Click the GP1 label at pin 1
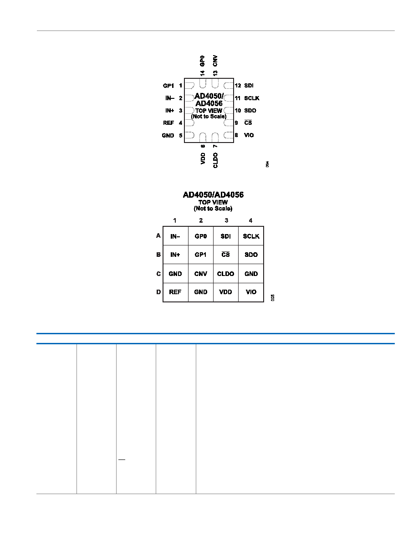click(168, 86)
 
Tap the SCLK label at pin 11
click(252, 98)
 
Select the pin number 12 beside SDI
click(238, 86)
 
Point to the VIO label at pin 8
click(249, 135)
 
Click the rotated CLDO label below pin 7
click(215, 160)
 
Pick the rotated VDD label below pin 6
click(203, 158)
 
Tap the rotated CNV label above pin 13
click(215, 61)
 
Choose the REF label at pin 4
click(168, 123)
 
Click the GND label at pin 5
click(168, 136)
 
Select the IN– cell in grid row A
click(175, 236)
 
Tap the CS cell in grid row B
click(225, 254)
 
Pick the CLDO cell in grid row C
click(225, 274)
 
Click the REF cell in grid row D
click(175, 292)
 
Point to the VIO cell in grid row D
click(251, 292)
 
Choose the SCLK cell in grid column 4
click(251, 236)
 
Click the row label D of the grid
click(158, 292)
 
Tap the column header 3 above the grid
click(226, 220)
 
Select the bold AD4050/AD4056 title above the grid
click(213, 195)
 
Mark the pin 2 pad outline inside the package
click(190, 98)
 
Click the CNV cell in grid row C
click(201, 274)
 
